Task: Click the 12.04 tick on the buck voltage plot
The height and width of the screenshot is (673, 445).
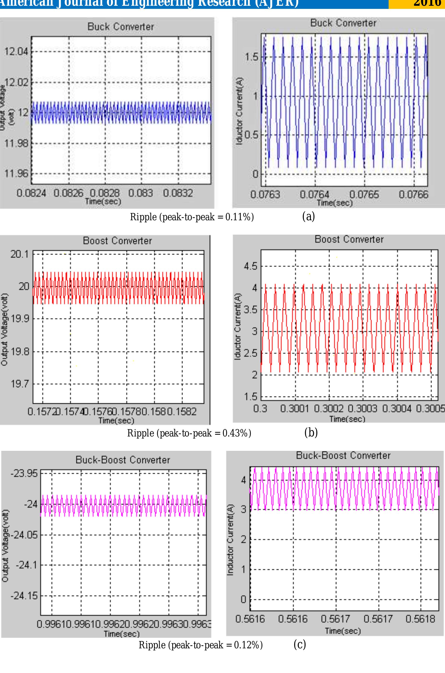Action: [x=16, y=52]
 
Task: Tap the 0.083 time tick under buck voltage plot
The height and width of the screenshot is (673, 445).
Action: [x=141, y=193]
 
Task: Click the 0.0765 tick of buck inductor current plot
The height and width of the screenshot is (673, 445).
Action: [x=364, y=194]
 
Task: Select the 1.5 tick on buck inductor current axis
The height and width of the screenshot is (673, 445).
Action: [x=251, y=57]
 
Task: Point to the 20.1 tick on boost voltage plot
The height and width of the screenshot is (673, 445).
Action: [x=20, y=254]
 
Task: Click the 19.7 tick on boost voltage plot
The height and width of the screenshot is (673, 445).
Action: [x=20, y=384]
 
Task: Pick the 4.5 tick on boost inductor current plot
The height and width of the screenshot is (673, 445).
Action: [x=250, y=267]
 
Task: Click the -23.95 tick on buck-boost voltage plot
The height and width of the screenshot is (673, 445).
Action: [x=24, y=473]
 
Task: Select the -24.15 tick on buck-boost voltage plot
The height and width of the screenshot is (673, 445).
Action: [x=24, y=596]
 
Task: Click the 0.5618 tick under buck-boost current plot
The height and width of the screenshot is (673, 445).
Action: [x=420, y=619]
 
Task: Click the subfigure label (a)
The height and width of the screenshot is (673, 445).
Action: [x=309, y=217]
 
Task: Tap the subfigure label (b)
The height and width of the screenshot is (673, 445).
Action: [x=311, y=433]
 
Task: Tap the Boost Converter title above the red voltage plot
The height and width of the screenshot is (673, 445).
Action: [x=117, y=241]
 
